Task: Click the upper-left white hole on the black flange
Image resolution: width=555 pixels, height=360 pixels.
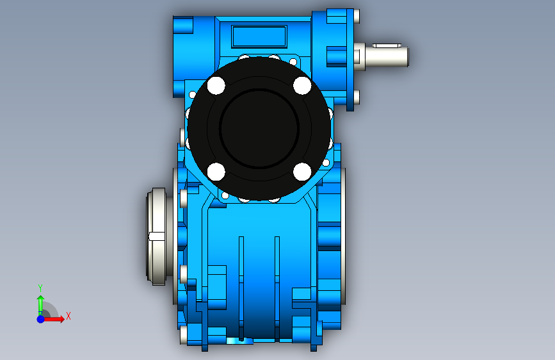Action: click(216, 85)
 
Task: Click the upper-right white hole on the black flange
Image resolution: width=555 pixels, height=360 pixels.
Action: click(302, 85)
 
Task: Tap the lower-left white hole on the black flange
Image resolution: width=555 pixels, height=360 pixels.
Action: click(216, 172)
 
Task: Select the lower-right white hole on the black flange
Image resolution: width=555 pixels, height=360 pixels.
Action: click(302, 172)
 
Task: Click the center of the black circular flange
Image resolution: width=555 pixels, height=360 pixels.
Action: click(259, 129)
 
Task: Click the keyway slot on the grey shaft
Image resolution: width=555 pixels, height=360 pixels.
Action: click(387, 45)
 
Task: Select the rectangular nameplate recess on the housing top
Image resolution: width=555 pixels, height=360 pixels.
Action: click(259, 36)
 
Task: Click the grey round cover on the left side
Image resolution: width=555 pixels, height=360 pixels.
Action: click(157, 237)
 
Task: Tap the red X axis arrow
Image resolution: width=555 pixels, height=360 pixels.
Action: click(52, 319)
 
